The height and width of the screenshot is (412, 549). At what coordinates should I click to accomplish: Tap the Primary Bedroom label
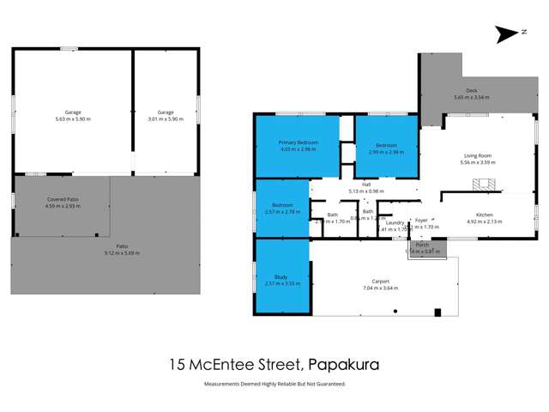[298, 142]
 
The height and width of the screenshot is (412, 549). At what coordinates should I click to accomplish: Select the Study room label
[274, 276]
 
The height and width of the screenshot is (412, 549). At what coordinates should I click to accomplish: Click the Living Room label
[478, 155]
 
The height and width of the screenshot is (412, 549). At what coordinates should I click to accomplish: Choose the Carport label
[381, 281]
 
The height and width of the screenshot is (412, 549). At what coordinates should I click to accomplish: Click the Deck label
[471, 90]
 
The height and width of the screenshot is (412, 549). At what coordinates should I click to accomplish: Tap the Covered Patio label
[61, 199]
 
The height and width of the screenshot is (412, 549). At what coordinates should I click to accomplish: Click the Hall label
[365, 184]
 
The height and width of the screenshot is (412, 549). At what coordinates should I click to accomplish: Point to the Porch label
[422, 245]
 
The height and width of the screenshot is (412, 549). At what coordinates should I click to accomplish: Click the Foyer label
[421, 221]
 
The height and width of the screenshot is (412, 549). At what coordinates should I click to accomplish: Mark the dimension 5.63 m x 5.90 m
[72, 119]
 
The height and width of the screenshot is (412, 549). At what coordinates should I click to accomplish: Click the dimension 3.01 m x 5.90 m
[166, 119]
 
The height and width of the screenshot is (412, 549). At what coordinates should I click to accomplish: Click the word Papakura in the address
[342, 364]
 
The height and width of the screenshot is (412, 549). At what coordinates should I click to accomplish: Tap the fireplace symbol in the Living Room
[487, 182]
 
